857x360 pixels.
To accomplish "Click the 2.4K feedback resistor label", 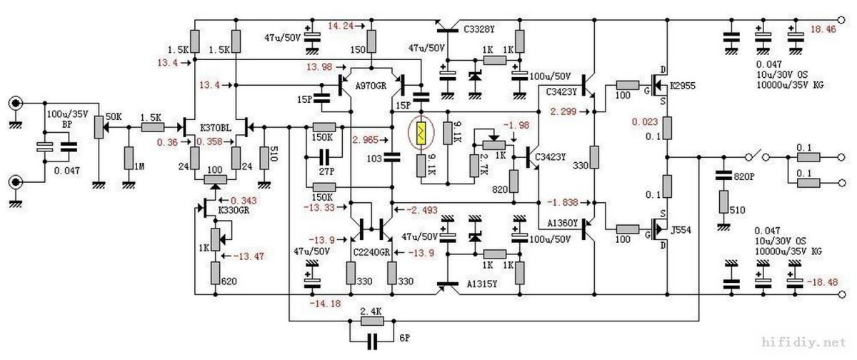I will click(x=371, y=311).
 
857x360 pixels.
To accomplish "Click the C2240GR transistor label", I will click(x=371, y=253).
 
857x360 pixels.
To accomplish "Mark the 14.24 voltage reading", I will click(x=341, y=26).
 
